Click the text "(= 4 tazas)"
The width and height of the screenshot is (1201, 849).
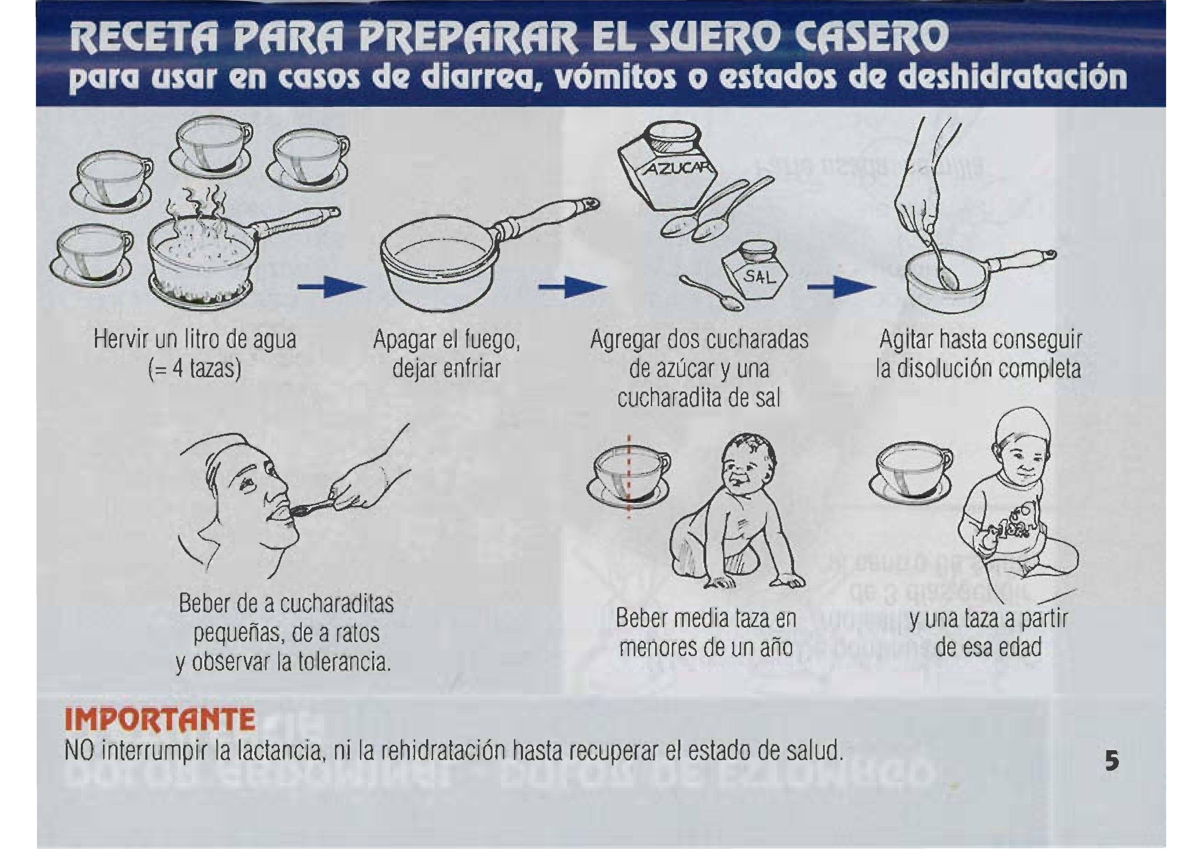point(195,369)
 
